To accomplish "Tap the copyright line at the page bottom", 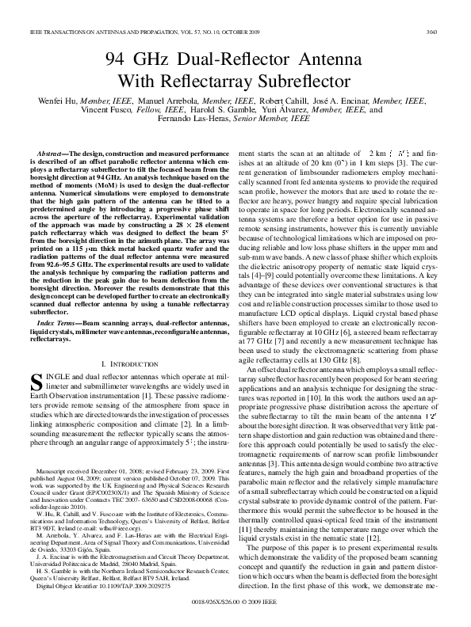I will click(x=235, y=610).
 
